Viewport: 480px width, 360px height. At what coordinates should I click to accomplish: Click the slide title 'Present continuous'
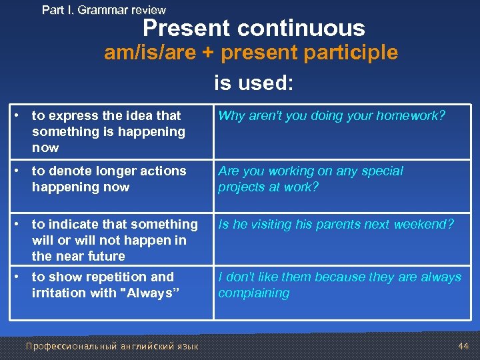(254, 28)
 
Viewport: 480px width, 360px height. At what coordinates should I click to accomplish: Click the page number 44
(463, 346)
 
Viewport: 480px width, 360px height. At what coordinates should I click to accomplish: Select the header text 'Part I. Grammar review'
(104, 10)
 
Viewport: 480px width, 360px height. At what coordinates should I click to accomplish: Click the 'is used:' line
(253, 83)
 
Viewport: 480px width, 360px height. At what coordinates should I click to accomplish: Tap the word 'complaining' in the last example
(254, 293)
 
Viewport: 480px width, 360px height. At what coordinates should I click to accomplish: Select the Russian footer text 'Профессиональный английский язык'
(112, 346)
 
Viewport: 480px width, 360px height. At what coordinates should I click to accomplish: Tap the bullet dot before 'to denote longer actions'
(22, 171)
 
